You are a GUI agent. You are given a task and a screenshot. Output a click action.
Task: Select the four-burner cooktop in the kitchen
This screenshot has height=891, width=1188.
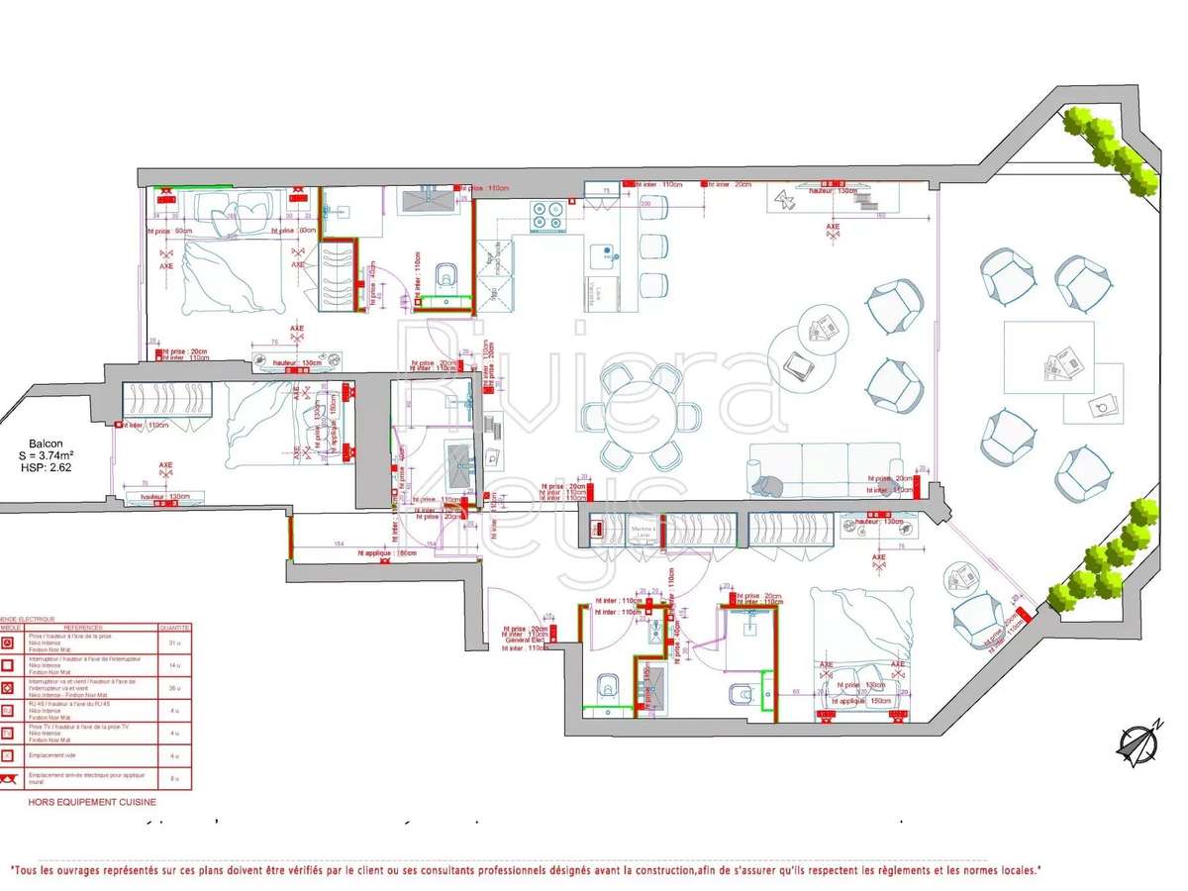(x=547, y=217)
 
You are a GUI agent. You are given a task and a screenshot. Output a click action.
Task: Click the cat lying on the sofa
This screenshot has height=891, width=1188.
(x=765, y=484)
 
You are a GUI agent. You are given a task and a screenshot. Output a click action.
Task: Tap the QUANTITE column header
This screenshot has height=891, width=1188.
(x=174, y=628)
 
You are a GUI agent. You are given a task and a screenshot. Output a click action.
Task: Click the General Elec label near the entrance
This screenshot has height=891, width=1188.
(x=526, y=642)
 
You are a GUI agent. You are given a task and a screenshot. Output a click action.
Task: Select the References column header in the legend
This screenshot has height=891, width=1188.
(x=84, y=628)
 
